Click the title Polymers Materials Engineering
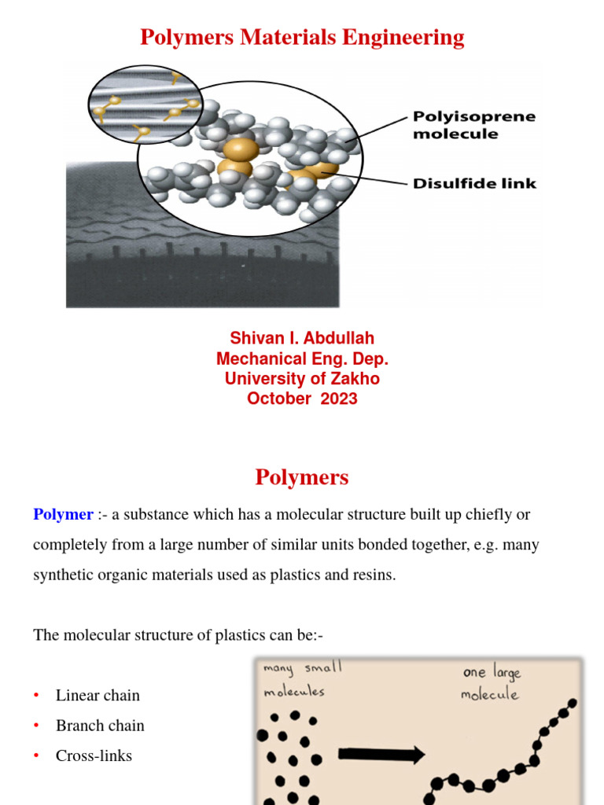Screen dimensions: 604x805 (x=302, y=37)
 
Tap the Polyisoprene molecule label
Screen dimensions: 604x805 (x=473, y=125)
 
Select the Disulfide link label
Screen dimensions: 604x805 (x=474, y=183)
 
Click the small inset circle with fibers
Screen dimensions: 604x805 (x=145, y=104)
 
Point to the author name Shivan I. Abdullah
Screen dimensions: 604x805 (x=302, y=338)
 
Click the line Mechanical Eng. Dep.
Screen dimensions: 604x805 (x=302, y=358)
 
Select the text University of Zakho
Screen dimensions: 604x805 (x=302, y=378)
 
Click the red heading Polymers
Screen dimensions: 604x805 (x=302, y=477)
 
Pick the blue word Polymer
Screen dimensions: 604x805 (x=63, y=515)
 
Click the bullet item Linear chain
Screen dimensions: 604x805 (x=98, y=695)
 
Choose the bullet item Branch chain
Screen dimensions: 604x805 (x=100, y=726)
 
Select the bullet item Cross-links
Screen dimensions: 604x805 (x=94, y=755)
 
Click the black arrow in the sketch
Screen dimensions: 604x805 (x=381, y=755)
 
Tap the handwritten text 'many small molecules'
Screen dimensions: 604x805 (x=303, y=678)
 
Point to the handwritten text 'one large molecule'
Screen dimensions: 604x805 (x=492, y=682)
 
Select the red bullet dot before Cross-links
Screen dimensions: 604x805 (x=36, y=755)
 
